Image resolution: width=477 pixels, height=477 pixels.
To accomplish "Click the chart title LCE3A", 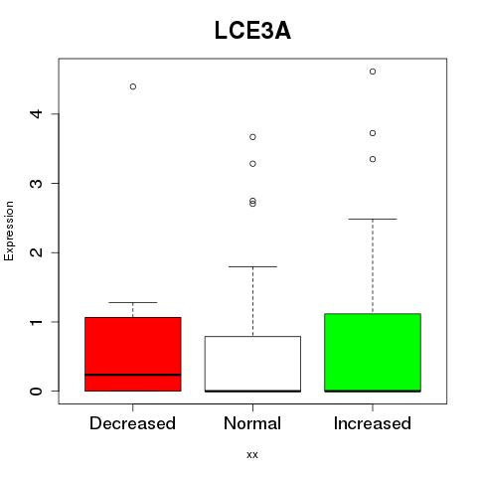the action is pos(252,31).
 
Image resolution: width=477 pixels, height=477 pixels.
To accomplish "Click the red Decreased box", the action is pos(133,354).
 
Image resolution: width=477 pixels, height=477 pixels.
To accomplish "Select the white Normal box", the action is pos(252,364).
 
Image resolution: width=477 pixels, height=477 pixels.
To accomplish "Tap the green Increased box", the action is pos(373,353).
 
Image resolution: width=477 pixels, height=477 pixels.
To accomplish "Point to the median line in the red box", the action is pos(133,375).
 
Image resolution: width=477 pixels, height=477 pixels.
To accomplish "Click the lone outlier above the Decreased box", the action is pos(133,86).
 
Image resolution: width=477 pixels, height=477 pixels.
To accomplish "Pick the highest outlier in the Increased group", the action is pos(373,72).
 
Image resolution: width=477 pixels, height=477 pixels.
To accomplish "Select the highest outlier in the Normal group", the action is pos(252,137).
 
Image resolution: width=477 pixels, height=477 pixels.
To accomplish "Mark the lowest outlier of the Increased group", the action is pos(373,159).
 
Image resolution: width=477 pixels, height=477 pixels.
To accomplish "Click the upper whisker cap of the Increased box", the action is pos(373,219).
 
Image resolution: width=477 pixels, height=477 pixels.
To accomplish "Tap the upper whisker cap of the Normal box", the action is pos(252,266).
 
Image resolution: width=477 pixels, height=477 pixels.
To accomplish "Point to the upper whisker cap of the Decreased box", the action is pos(133,302).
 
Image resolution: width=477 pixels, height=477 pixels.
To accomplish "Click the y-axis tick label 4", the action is pos(36,114).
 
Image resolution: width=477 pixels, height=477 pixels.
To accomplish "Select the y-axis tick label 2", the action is pos(36,252).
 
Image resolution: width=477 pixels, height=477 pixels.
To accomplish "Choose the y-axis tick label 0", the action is pos(36,392).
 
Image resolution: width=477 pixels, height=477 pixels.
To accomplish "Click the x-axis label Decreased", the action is pos(132,423).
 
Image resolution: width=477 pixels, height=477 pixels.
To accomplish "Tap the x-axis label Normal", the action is pos(252,423).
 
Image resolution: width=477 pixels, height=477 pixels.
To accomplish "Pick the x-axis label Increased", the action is pos(373,423).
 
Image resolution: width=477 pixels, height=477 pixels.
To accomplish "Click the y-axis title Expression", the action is pos(9,231).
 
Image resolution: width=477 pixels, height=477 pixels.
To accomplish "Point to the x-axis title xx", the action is pos(252,455).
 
